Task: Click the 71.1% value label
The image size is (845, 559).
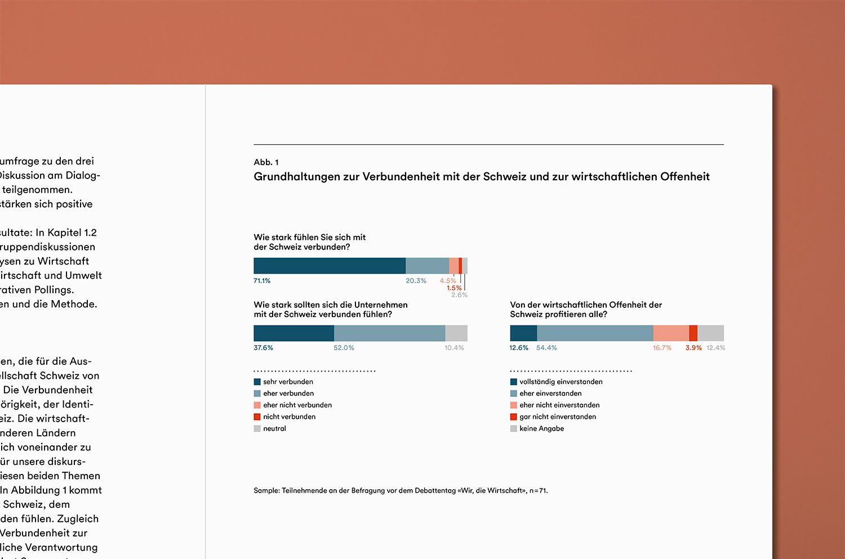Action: (x=262, y=281)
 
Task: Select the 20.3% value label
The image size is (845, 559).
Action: (x=416, y=281)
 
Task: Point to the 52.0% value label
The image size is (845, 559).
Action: (x=344, y=348)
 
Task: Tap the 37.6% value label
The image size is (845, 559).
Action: (x=263, y=348)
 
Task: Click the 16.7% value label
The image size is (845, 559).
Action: (x=662, y=348)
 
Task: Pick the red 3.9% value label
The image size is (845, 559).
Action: (x=693, y=348)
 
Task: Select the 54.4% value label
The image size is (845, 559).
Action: (x=546, y=348)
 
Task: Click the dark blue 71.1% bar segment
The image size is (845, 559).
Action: (x=330, y=266)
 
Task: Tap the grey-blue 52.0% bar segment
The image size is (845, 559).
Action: (x=389, y=333)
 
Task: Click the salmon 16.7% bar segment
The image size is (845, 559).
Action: (x=671, y=333)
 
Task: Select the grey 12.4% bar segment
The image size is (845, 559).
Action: (x=710, y=333)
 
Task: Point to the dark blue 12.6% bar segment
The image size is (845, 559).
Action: (x=523, y=333)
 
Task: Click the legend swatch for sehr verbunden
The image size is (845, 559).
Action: (x=257, y=382)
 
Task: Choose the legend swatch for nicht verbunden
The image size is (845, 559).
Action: (x=257, y=417)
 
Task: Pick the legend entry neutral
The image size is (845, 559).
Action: (x=274, y=429)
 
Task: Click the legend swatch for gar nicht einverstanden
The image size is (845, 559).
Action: (x=514, y=417)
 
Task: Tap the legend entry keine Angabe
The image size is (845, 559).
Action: (x=541, y=429)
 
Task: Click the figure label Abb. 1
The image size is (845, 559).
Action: (x=266, y=162)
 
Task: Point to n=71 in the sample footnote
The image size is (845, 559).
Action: (x=538, y=491)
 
